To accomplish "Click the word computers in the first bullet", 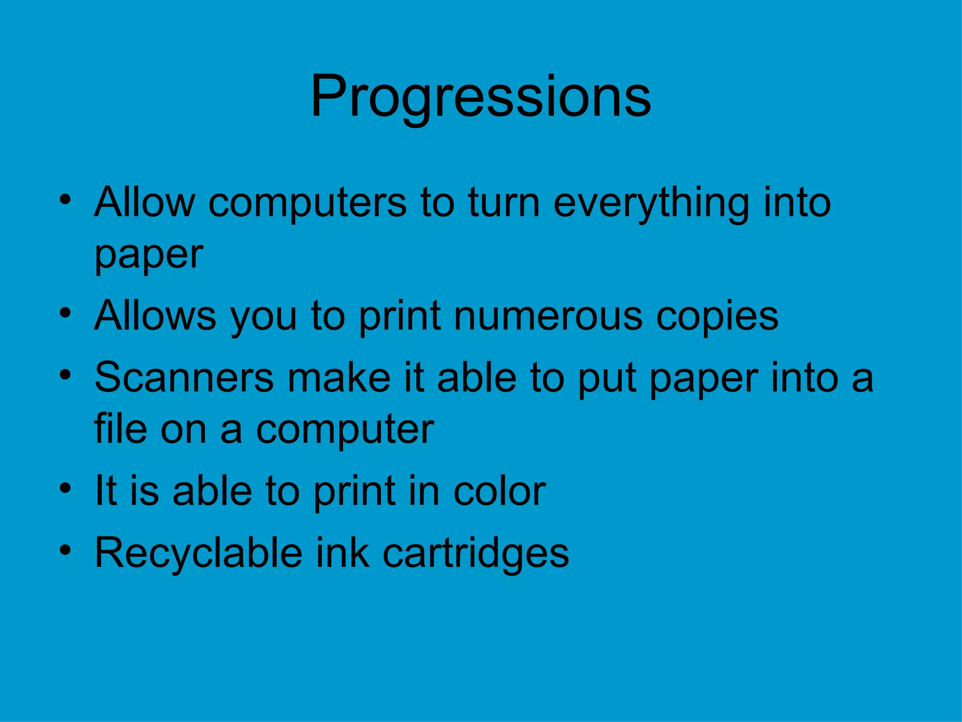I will point(307,203).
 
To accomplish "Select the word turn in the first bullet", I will point(504,203).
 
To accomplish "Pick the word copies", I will point(717,316).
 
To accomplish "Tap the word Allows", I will point(155,316).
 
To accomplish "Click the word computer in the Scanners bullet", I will point(345,430).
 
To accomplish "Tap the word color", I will point(499,491).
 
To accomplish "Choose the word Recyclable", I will point(199,553).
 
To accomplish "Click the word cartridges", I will point(475,553).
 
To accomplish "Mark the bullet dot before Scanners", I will point(65,374).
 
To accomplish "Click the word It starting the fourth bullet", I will point(105,491).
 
